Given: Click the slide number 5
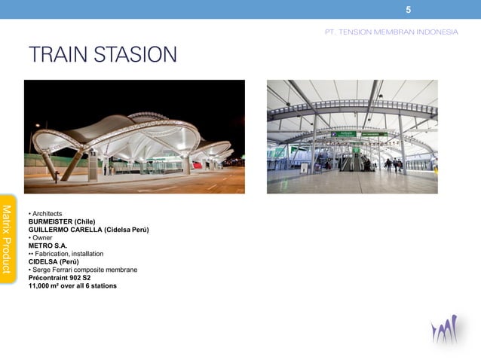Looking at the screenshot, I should click(408, 10).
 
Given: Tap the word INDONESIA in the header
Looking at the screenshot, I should click(436, 32).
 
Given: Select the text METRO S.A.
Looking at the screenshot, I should click(48, 246).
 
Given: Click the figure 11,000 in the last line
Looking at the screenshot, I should click(42, 285).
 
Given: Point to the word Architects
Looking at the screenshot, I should click(47, 214).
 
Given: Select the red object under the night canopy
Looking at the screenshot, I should click(197, 164).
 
